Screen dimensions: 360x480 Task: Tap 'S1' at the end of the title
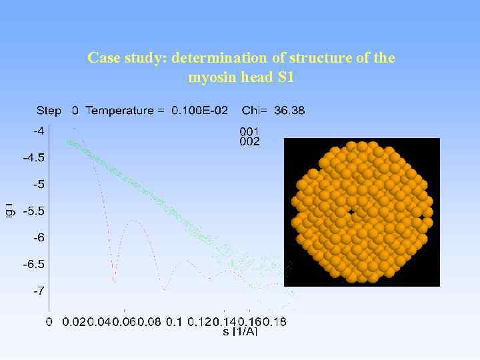click(x=285, y=77)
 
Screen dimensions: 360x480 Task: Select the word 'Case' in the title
click(x=102, y=58)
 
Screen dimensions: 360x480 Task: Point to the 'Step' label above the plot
click(x=49, y=111)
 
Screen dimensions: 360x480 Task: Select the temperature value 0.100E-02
click(x=198, y=111)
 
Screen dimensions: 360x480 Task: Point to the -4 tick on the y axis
click(x=39, y=131)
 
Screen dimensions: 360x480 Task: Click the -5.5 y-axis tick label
click(x=34, y=211)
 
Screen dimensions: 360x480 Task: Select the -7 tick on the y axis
click(x=39, y=291)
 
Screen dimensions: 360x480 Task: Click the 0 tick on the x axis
click(x=49, y=322)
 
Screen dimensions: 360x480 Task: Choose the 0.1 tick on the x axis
click(x=173, y=322)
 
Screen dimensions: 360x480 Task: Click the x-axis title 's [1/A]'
click(x=240, y=331)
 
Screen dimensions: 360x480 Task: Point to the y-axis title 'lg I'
click(x=9, y=211)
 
